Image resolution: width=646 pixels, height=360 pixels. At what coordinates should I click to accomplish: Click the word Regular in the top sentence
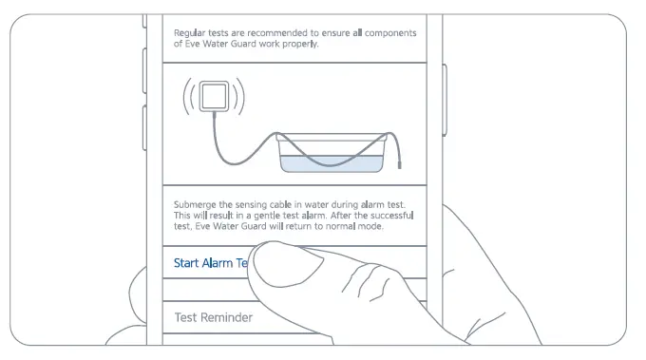pos(191,33)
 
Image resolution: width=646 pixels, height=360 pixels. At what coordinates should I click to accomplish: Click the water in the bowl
pos(332,164)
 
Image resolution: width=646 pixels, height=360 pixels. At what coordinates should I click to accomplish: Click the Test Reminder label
pos(213,317)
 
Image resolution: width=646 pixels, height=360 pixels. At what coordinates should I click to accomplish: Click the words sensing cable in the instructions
pos(261,204)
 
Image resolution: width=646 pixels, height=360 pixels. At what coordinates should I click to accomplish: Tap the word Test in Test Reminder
pos(186,317)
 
